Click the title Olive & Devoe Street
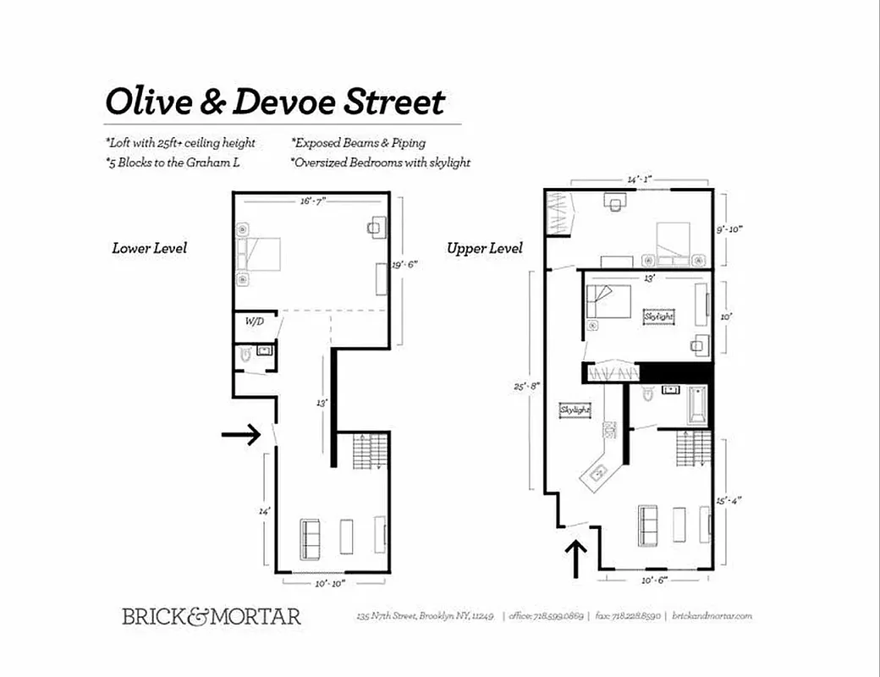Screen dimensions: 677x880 [274, 102]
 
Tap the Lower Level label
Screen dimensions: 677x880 [149, 248]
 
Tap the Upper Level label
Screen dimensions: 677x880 [485, 248]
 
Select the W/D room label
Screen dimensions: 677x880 [253, 322]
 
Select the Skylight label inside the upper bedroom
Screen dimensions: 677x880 [659, 316]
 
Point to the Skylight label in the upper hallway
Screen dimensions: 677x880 [575, 410]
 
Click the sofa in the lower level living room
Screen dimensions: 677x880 [311, 537]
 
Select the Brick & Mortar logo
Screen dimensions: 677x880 [211, 616]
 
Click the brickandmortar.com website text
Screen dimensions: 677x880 [712, 617]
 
